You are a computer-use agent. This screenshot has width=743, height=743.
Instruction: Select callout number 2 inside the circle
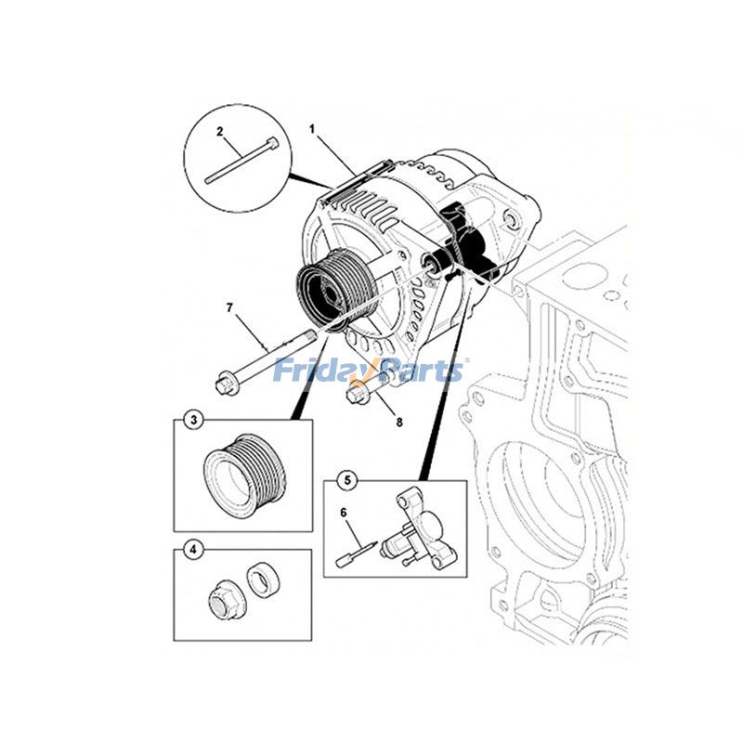pyautogui.click(x=220, y=132)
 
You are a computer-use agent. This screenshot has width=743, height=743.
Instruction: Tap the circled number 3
pyautogui.click(x=193, y=421)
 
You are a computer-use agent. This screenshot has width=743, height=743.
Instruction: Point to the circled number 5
pyautogui.click(x=345, y=481)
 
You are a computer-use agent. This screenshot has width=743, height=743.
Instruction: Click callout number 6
pyautogui.click(x=343, y=512)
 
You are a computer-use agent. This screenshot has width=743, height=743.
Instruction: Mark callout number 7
pyautogui.click(x=229, y=306)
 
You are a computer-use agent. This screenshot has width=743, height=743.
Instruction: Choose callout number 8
pyautogui.click(x=399, y=422)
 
